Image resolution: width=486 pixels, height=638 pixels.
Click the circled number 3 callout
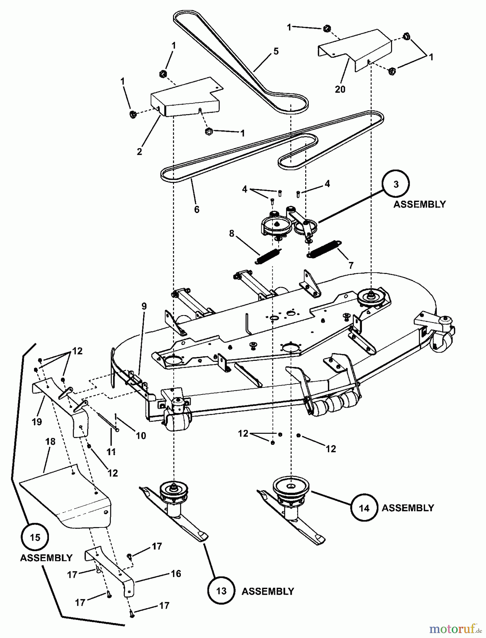(396, 184)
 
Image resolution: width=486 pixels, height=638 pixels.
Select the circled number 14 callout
(364, 508)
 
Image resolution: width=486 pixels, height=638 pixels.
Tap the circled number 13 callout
(221, 591)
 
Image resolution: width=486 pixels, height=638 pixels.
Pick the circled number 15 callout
(35, 538)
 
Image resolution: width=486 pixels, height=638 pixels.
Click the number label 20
(340, 89)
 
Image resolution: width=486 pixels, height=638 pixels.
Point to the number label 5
(276, 51)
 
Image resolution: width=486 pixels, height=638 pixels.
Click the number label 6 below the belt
(197, 209)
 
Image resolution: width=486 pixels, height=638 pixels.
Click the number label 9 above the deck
(144, 306)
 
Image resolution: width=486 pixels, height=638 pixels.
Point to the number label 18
(50, 442)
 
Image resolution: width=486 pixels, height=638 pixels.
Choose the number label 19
(37, 422)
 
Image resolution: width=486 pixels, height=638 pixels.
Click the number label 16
(176, 573)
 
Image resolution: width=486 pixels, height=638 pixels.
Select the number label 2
(139, 151)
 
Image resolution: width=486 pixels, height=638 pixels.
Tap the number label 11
(111, 452)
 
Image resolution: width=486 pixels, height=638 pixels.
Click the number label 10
(141, 436)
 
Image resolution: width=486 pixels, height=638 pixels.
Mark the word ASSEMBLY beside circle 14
(408, 508)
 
